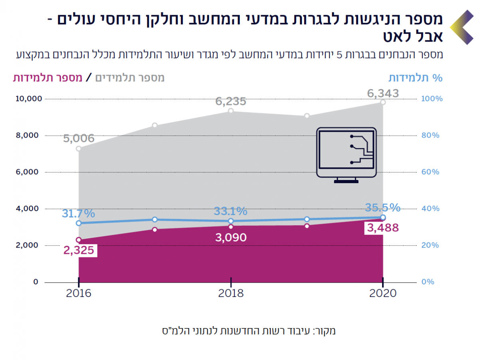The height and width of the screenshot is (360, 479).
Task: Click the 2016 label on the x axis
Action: coord(79,293)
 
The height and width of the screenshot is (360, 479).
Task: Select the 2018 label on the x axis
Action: coord(231,293)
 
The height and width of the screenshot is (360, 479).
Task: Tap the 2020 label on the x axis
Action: coord(383,293)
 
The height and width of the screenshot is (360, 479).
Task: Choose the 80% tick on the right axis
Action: coord(431,135)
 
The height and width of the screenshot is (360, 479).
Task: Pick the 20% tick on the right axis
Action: coord(431,245)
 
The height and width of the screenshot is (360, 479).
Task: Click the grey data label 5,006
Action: coord(79,139)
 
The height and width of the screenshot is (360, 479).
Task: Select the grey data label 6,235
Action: coord(231,101)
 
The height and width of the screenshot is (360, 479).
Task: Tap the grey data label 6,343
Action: coord(383,94)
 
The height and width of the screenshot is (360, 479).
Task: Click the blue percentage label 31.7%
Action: coord(78,213)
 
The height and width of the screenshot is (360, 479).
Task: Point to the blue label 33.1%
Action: coord(230,211)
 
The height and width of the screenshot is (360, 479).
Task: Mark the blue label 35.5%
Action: coord(382,208)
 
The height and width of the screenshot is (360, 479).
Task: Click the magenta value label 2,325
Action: coord(79,251)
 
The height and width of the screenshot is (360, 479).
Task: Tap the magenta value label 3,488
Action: coord(383,228)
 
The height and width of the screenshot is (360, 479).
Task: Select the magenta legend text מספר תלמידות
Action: coord(48,78)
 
